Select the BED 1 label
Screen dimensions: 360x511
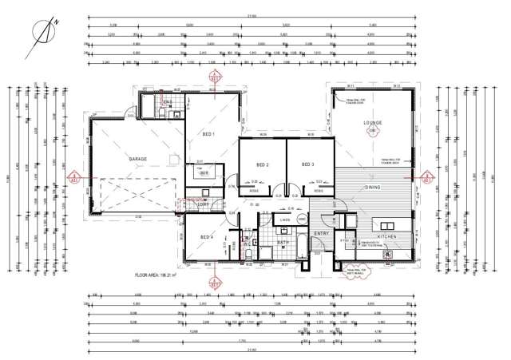[208, 135]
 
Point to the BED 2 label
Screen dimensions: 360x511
[262, 164]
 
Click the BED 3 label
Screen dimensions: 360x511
[307, 164]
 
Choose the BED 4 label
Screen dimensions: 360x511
[206, 237]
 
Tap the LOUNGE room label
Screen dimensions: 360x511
[373, 123]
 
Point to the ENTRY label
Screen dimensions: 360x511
[321, 234]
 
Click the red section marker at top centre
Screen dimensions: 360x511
[214, 78]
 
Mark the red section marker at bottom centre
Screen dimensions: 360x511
[214, 282]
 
